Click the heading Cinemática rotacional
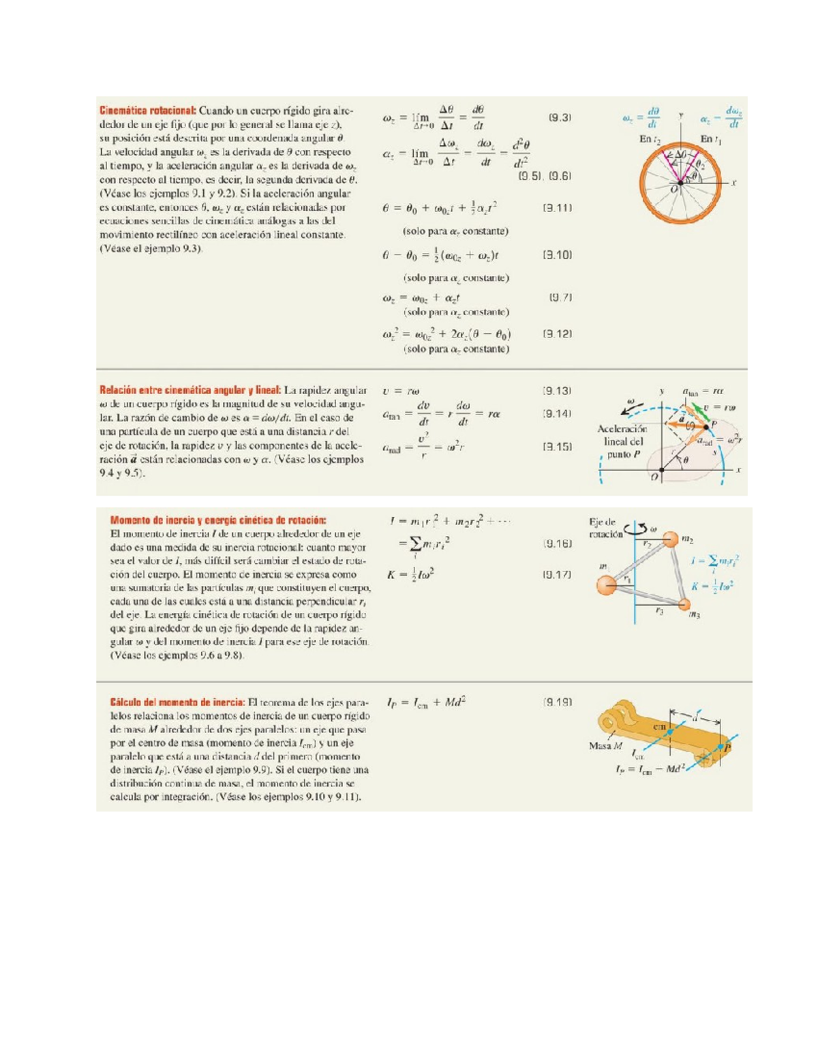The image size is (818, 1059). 148,110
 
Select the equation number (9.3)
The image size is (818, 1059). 560,117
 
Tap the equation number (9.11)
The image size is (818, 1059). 557,207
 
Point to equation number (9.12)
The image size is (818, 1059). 557,333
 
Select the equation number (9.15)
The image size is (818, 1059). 557,447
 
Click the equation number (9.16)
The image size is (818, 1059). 557,543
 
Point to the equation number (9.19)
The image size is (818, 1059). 557,702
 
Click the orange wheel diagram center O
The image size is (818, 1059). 680,183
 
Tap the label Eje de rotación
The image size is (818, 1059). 605,528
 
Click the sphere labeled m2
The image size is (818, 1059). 671,539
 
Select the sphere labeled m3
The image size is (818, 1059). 684,604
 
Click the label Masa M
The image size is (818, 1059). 605,745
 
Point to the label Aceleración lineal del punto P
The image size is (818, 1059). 621,441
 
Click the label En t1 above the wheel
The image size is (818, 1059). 710,139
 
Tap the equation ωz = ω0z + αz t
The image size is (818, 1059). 421,298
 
